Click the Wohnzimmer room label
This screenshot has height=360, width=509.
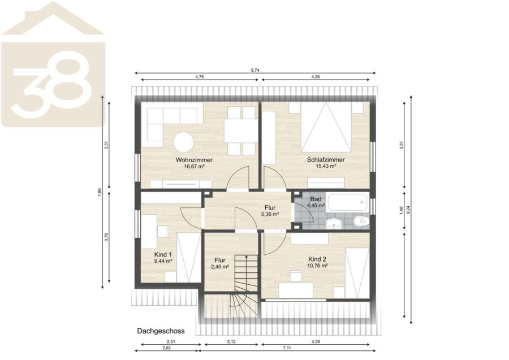[x=194, y=160]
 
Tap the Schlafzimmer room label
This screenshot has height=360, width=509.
[x=326, y=160]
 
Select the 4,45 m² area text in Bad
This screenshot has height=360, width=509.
[x=316, y=205]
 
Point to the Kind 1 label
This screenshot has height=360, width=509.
[x=163, y=254]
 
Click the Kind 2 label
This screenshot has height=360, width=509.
[x=317, y=259]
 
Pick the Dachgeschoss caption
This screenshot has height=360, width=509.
[x=161, y=331]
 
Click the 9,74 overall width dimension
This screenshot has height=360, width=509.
[x=255, y=70]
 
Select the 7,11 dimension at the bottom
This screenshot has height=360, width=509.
[x=287, y=348]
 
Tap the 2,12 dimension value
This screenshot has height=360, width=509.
[x=231, y=341]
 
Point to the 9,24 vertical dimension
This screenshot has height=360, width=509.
[x=409, y=210]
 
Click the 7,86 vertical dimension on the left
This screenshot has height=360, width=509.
[x=100, y=192]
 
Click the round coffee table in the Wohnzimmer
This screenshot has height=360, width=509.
[x=183, y=142]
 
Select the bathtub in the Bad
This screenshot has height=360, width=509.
[x=348, y=202]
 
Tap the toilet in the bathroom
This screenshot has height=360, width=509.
[x=361, y=222]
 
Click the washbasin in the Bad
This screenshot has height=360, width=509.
[x=333, y=223]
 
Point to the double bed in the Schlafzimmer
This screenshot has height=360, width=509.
[x=326, y=127]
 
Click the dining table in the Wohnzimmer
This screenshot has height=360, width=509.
[x=241, y=131]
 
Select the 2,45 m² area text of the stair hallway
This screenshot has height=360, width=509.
[x=220, y=267]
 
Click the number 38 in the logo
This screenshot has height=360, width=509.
[x=52, y=85]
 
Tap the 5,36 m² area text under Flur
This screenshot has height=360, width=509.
[x=270, y=214]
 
